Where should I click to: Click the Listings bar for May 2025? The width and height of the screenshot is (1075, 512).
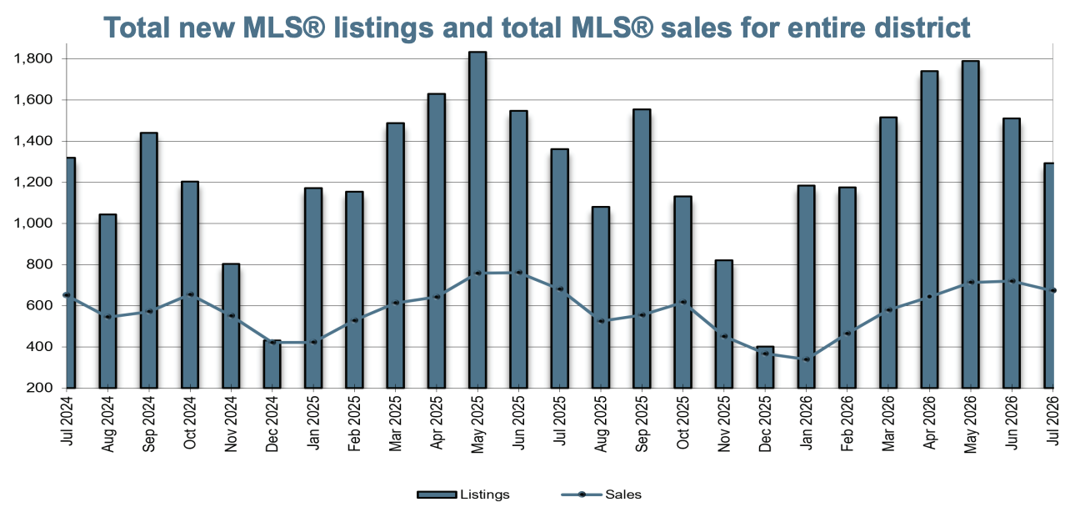point(477,219)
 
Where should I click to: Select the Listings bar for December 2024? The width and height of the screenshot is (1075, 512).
point(272,364)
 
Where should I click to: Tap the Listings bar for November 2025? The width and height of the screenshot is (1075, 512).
point(723,324)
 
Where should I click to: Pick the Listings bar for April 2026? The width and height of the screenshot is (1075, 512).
point(929,229)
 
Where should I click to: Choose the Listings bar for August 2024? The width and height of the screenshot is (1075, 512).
point(107,301)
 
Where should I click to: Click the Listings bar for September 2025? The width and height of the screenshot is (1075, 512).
point(642,248)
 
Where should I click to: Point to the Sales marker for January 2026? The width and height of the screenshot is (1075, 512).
point(807,359)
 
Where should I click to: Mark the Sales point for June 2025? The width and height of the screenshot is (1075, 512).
point(518,273)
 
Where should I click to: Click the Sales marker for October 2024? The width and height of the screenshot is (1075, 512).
point(190,294)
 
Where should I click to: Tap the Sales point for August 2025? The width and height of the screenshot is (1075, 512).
point(600,321)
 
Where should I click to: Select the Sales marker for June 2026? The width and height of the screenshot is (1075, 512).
point(1012,281)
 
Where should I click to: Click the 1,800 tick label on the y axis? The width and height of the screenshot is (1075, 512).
point(33,58)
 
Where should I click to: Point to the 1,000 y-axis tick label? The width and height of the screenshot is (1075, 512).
point(33,223)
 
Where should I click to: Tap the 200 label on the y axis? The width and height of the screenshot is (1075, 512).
point(39,388)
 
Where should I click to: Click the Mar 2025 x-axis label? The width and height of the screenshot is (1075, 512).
point(395,423)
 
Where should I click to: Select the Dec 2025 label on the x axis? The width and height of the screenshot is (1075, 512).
point(765,423)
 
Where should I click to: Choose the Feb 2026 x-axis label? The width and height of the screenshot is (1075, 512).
point(847,423)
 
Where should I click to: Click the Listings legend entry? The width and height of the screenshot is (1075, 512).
point(463,494)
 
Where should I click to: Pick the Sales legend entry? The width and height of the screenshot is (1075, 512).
point(602,494)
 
